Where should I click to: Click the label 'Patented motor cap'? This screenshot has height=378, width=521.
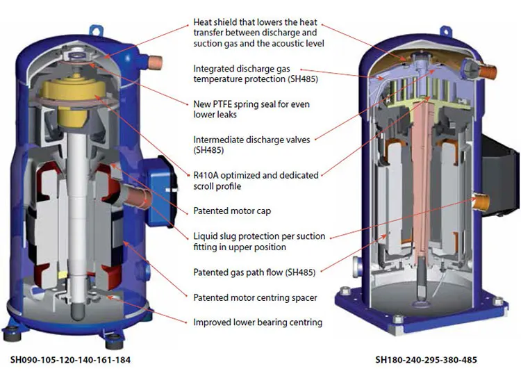tap(232, 211)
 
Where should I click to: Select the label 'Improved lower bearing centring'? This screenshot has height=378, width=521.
tap(257, 322)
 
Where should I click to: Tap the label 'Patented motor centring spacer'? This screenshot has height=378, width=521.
tap(254, 297)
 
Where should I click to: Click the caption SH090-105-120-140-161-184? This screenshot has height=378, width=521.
tap(70, 360)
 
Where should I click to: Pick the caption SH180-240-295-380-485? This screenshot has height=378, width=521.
tap(426, 360)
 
